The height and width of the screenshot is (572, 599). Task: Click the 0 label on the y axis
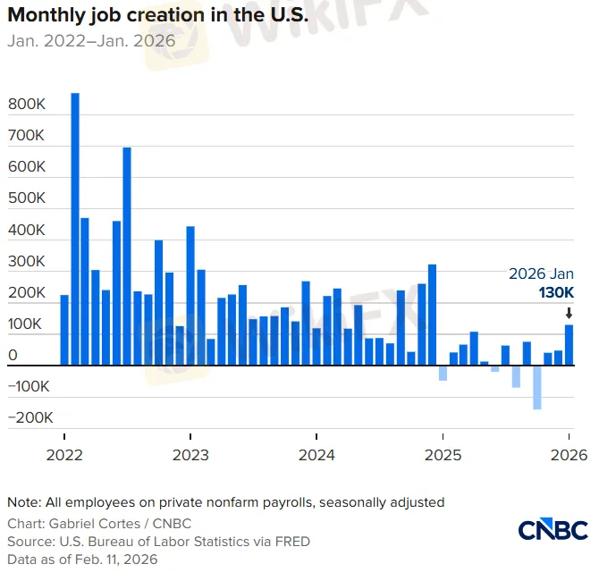pos(13,356)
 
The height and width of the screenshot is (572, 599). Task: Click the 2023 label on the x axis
pos(190,455)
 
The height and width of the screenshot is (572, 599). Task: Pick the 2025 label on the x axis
pos(443,455)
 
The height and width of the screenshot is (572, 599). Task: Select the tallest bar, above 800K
pos(75,229)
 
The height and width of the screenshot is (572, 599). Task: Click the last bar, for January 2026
pos(569,345)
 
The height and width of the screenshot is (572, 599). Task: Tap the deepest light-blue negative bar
pos(537,387)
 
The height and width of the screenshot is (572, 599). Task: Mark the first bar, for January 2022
pos(64,330)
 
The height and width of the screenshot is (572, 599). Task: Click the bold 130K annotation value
pos(554,293)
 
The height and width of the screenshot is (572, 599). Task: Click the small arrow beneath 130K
pos(569,313)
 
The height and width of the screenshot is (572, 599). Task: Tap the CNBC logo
pos(552,529)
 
